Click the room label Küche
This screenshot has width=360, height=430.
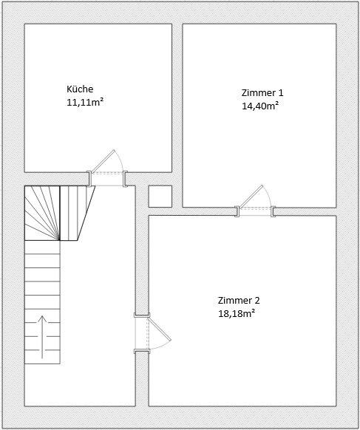pos(80,89)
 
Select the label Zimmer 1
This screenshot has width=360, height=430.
pos(262,92)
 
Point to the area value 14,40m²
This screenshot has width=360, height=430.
pos(260,105)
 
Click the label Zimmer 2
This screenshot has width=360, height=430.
pos(238,300)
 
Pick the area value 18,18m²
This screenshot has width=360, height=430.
pos(237,313)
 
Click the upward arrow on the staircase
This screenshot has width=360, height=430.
pos(42,337)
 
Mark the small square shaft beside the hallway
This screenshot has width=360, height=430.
pos(160,196)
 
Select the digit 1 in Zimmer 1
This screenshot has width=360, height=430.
pos(280,92)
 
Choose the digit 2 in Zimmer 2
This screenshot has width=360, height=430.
pos(257,300)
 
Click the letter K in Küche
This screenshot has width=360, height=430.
pos(69,89)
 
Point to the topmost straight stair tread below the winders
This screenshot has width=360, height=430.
pos(42,248)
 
